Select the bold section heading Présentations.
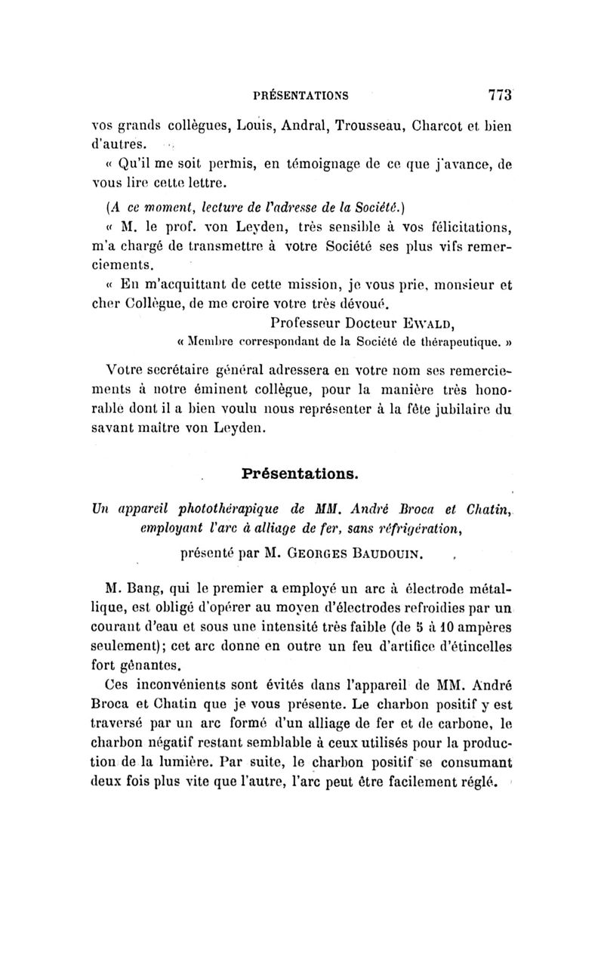click(301, 473)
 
